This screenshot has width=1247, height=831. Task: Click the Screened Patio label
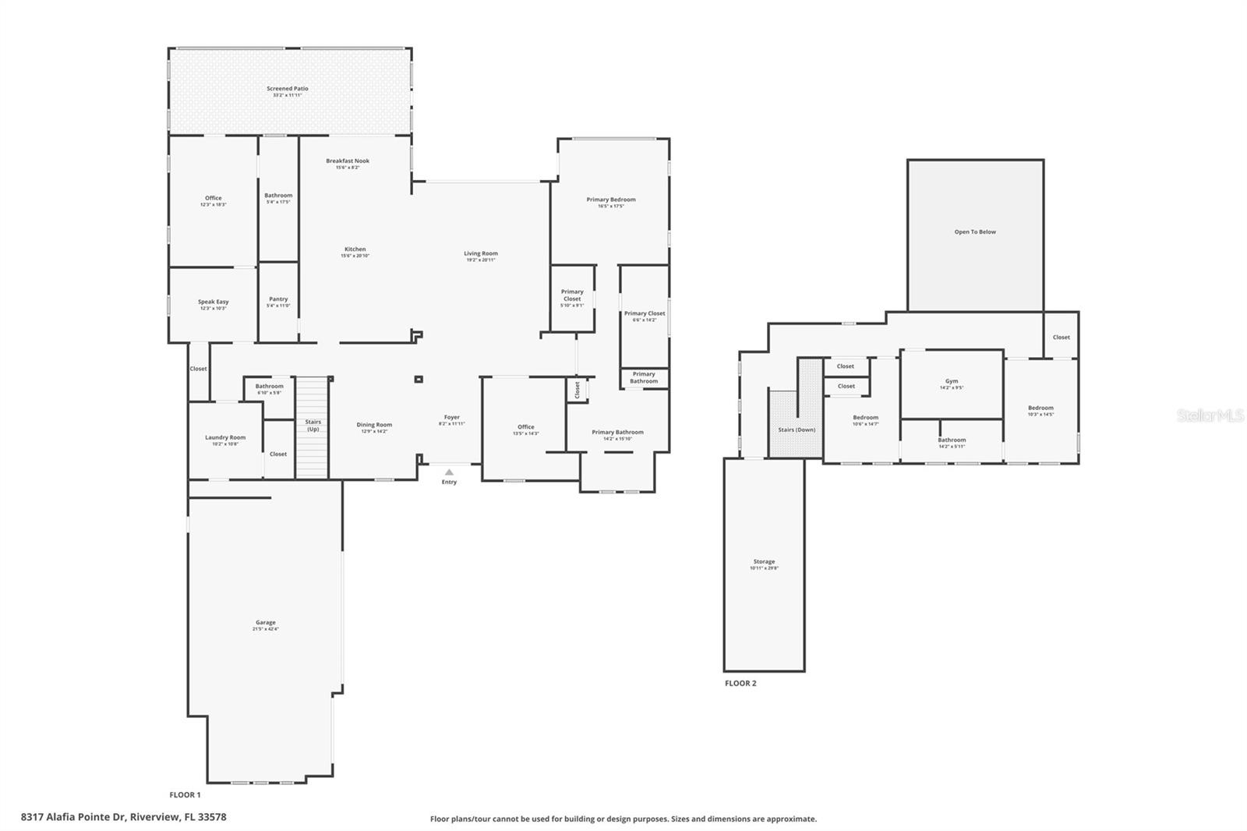tap(288, 89)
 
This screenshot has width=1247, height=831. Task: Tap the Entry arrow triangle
tap(449, 472)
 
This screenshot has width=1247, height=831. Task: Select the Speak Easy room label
tap(213, 302)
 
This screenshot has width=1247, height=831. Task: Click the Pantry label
tap(278, 299)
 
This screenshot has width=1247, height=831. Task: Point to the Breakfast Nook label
tap(348, 161)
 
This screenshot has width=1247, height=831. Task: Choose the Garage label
tap(266, 623)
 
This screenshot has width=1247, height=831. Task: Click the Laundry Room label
tap(225, 437)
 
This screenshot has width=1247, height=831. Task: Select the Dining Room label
tap(374, 425)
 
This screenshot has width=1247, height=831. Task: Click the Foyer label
tap(452, 417)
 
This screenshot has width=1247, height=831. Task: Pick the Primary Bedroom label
tap(611, 200)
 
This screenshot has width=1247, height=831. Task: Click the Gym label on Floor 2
tap(952, 381)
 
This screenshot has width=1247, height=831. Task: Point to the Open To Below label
tap(975, 232)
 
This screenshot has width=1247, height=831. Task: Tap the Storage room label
tap(764, 561)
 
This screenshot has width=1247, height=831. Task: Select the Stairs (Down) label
tap(797, 430)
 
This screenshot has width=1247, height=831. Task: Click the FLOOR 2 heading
tap(740, 684)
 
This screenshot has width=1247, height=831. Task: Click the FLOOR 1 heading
tap(185, 795)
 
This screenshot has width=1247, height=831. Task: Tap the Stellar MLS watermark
tap(1210, 416)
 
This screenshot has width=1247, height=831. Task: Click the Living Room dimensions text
tap(481, 260)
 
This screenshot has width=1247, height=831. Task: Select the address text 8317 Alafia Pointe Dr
tap(123, 817)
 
